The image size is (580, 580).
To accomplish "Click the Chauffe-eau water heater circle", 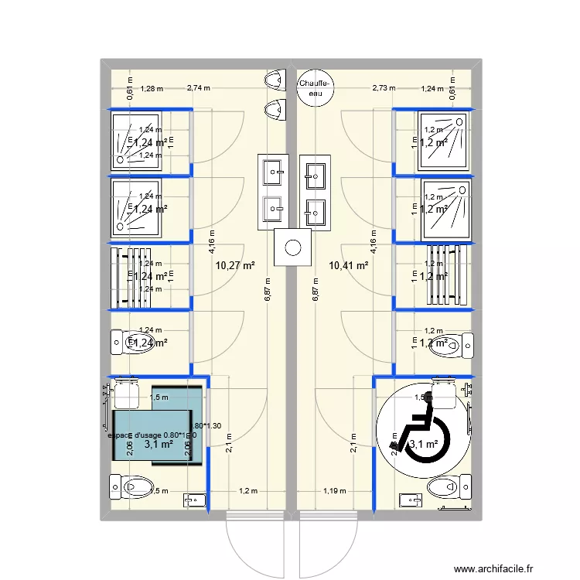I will coord(316,87).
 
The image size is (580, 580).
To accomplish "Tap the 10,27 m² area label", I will coord(235,266).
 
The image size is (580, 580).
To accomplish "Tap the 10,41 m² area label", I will coord(348,266).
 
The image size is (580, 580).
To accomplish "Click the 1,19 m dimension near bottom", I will coord(335,490).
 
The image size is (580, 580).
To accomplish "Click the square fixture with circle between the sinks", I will coord(293,247).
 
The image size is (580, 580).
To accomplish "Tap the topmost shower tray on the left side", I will coord(138,140).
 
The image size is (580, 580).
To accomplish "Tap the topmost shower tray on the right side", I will coord(444,140).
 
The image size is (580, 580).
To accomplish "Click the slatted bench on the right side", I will coord(445,275).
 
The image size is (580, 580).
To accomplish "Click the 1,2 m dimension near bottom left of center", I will coord(247,490).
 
